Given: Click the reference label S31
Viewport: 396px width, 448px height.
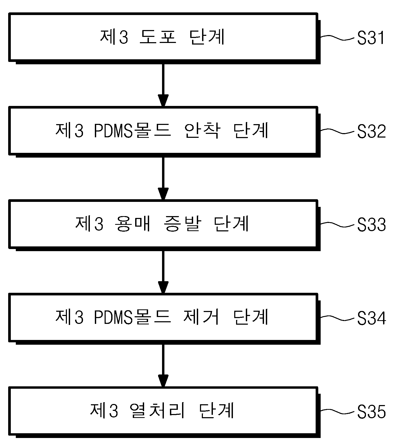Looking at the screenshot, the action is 371,38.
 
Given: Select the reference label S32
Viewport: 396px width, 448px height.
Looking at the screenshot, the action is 371,132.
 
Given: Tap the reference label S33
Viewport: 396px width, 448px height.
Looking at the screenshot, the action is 371,225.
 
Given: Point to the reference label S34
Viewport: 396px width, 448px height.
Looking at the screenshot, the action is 371,318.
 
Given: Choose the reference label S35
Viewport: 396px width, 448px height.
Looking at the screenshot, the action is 371,412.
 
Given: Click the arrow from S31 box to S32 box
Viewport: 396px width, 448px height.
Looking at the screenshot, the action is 163,85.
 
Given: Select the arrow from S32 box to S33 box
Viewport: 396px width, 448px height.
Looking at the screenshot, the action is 163,179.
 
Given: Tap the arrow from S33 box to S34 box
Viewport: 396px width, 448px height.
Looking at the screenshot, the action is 163,272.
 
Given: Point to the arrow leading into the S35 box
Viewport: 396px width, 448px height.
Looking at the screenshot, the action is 163,366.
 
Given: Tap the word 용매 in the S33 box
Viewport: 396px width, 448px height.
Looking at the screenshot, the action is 133,224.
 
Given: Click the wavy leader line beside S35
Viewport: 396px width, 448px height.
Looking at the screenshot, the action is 338,411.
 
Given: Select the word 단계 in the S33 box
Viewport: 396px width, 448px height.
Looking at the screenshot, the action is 231,224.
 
